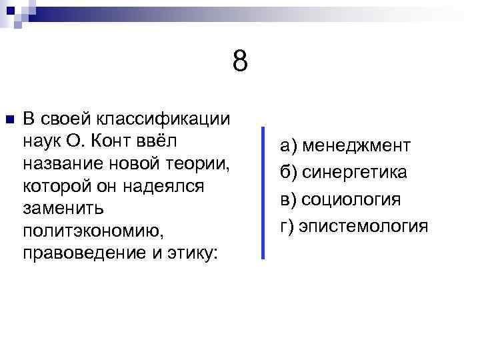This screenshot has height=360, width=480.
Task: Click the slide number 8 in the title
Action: (x=241, y=62)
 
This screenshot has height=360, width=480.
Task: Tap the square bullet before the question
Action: (x=9, y=120)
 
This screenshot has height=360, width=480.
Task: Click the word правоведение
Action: (x=81, y=255)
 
